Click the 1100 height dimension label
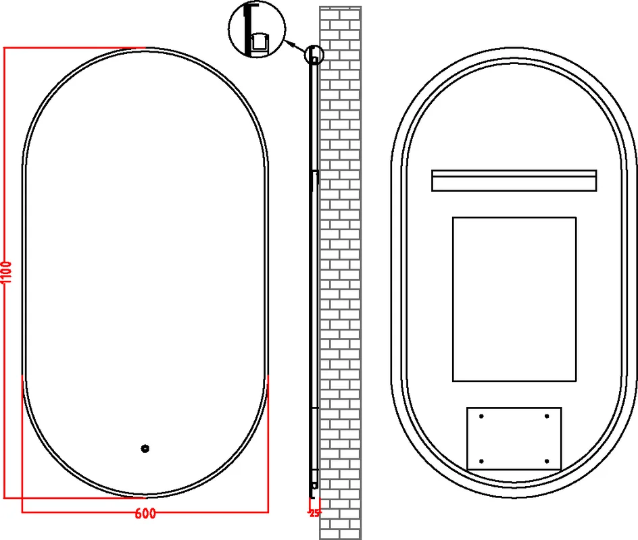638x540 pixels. point(7,273)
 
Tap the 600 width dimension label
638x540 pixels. point(145,514)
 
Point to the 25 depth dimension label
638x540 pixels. point(314,513)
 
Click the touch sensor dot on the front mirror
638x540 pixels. point(145,449)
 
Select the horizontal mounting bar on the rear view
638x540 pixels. point(514,180)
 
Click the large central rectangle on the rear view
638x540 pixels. point(514,299)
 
